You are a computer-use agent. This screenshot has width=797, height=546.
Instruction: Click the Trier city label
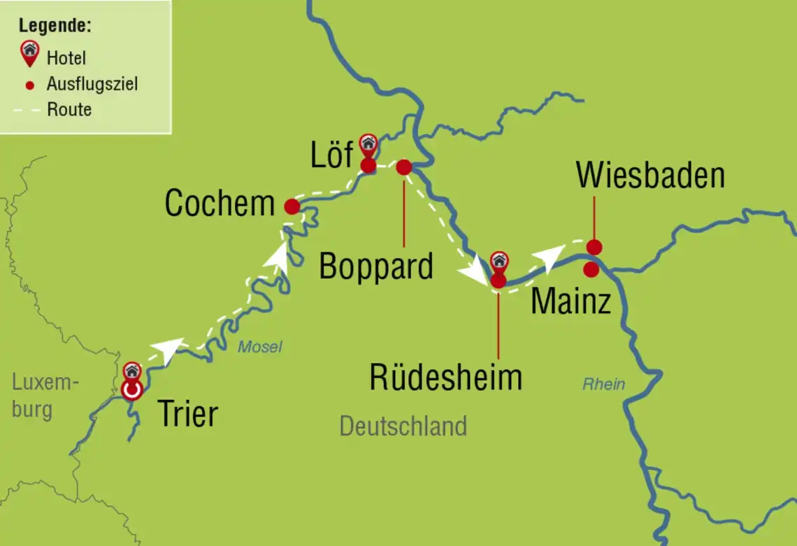tap(188, 414)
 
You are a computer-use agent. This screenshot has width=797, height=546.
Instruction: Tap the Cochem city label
tap(220, 204)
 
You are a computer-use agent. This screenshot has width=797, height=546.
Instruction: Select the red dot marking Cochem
tap(292, 206)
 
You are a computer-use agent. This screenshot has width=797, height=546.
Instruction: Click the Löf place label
tap(332, 155)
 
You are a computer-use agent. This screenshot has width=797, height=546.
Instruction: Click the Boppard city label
tap(376, 266)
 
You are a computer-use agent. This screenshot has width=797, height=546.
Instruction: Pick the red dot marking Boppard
tap(403, 167)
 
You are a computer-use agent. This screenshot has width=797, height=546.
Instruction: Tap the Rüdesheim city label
tap(445, 378)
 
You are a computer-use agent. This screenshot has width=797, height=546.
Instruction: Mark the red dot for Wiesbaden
tap(594, 247)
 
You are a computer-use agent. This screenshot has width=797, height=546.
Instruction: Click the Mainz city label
tap(570, 302)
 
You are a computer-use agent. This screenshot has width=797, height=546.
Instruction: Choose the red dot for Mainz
tap(591, 269)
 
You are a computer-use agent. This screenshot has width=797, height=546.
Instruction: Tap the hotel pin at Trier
tap(131, 372)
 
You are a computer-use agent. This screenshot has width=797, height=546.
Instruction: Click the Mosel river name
tap(259, 347)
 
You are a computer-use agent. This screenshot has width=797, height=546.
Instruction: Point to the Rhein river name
tap(603, 385)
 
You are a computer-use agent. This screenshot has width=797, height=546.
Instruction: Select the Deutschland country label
tap(403, 426)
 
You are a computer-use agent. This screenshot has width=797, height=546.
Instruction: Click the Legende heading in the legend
tap(55, 26)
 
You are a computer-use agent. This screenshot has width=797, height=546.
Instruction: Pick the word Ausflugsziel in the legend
tap(92, 85)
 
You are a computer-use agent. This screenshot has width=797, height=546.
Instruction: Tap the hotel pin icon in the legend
tap(30, 52)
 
